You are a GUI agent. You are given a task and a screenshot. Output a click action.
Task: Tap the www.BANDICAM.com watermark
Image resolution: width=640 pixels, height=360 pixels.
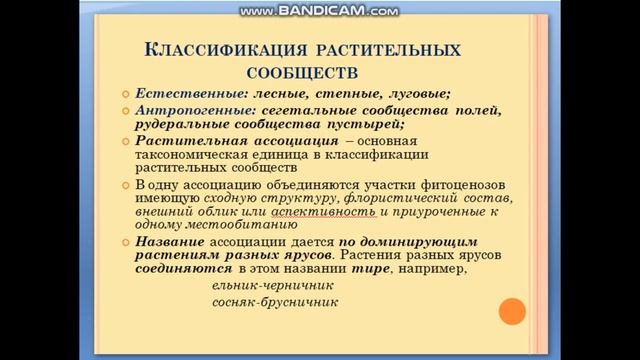click(x=319, y=11)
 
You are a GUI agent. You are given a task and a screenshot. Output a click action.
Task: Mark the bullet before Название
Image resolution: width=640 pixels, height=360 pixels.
click(x=126, y=243)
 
